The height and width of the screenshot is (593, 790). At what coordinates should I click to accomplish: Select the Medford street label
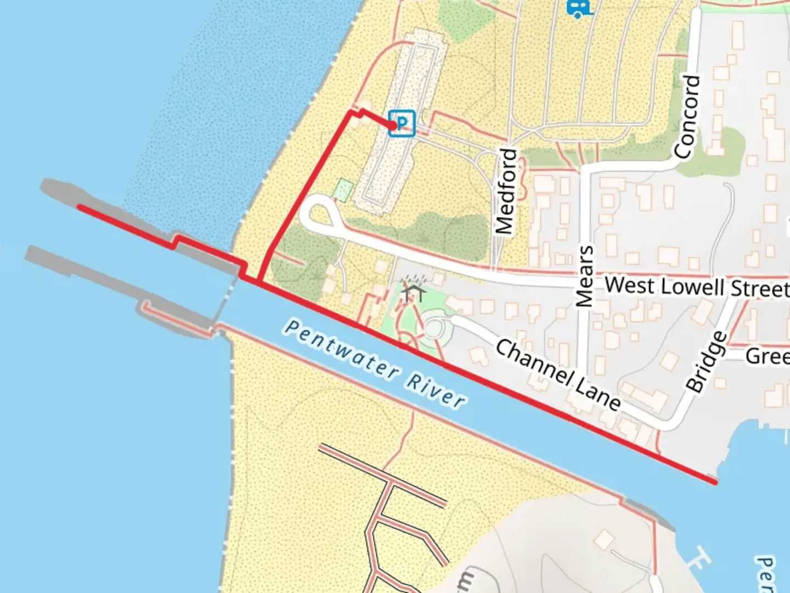click(x=506, y=191)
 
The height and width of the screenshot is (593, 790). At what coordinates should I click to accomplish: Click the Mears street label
click(x=585, y=276)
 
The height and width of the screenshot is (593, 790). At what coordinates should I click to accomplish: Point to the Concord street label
click(x=689, y=118)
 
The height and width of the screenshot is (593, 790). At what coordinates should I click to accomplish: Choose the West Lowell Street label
click(x=697, y=287)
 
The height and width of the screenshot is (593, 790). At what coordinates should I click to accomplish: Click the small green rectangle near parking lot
click(x=343, y=190)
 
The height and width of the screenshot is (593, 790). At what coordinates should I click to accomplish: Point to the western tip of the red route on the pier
click(x=80, y=207)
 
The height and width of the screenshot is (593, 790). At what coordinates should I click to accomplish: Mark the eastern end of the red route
click(x=715, y=482)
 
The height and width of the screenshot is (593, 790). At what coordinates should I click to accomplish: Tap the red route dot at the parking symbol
click(x=393, y=126)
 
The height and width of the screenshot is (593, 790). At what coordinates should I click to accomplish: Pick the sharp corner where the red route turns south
click(x=351, y=113)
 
